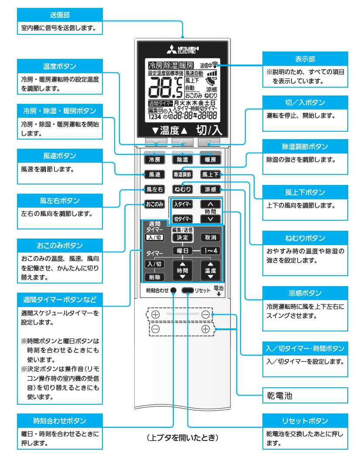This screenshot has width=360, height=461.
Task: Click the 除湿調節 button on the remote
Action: coord(182,174)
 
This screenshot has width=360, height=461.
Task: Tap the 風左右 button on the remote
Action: coord(154,189)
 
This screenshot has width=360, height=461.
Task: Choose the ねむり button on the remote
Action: coord(182,189)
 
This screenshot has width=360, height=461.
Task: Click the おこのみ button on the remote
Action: coord(154,204)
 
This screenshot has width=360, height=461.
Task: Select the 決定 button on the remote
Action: coord(182,238)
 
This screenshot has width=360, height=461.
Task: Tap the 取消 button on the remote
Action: coord(211,238)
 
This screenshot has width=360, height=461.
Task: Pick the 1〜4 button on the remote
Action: coord(211,251)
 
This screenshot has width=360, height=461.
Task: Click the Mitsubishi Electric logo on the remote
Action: coord(183,49)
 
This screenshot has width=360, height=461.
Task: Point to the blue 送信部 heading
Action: coord(60,14)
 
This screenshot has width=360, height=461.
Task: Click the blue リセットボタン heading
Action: coord(305,421)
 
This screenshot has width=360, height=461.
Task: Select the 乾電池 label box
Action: coord(305,396)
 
